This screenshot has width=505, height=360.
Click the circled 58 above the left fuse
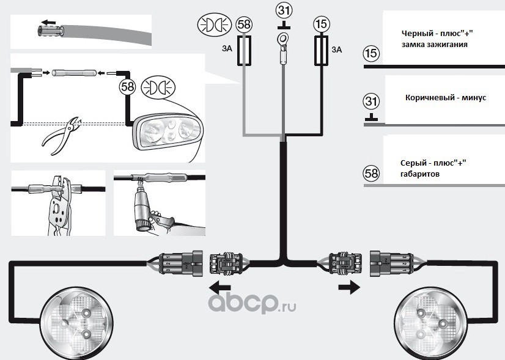pyautogui.click(x=243, y=24)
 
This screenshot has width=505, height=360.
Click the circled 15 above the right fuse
pyautogui.click(x=322, y=24)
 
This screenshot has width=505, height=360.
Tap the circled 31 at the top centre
pyautogui.click(x=284, y=10)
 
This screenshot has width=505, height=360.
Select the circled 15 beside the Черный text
pyautogui.click(x=371, y=54)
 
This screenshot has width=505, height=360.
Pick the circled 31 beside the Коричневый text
pyautogui.click(x=371, y=100)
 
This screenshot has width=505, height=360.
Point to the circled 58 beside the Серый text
pyautogui.click(x=371, y=173)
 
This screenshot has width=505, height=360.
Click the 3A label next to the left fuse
pyautogui.click(x=226, y=50)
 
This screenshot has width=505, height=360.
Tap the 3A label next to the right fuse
pyautogui.click(x=336, y=50)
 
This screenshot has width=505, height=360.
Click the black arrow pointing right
pyautogui.click(x=348, y=288)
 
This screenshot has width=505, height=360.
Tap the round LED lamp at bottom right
pyautogui.click(x=430, y=321)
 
